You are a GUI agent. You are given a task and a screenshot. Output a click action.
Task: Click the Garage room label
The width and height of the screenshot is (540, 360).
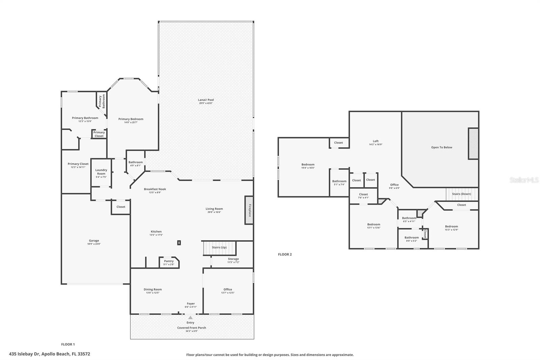94,241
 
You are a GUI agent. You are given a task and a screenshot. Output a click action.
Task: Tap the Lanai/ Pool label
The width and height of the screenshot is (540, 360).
206,100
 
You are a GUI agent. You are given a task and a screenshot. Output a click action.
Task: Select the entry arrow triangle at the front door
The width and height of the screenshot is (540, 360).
190,318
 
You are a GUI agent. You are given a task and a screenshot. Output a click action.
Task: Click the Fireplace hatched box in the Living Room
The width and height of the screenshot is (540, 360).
249,210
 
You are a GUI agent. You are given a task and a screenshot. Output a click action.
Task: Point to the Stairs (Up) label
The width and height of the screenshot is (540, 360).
219,248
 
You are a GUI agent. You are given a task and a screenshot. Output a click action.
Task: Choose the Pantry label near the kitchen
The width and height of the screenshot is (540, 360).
169,261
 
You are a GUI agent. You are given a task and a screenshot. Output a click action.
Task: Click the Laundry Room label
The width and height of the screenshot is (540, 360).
101,172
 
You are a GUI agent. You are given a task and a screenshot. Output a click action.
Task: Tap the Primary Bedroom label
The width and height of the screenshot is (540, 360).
131,119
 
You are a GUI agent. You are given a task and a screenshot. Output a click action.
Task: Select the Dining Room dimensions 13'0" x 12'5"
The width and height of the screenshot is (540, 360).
153,293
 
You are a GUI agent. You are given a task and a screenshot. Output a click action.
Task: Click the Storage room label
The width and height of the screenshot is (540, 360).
233,259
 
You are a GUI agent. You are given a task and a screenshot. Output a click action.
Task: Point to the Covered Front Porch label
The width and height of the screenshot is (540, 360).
191,328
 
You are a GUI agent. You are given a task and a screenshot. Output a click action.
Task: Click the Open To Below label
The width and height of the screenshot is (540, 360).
441,147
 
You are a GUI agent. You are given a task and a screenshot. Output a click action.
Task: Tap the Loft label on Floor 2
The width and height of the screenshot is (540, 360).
376,141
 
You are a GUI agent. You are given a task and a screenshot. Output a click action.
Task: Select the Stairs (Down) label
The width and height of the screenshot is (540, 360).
461,194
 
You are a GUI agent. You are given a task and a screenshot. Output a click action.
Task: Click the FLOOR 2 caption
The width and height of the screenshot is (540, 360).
285,254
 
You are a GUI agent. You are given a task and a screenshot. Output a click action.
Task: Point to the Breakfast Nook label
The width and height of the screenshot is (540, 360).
155,189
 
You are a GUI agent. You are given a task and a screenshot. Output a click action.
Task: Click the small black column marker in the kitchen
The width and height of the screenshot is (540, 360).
179,242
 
